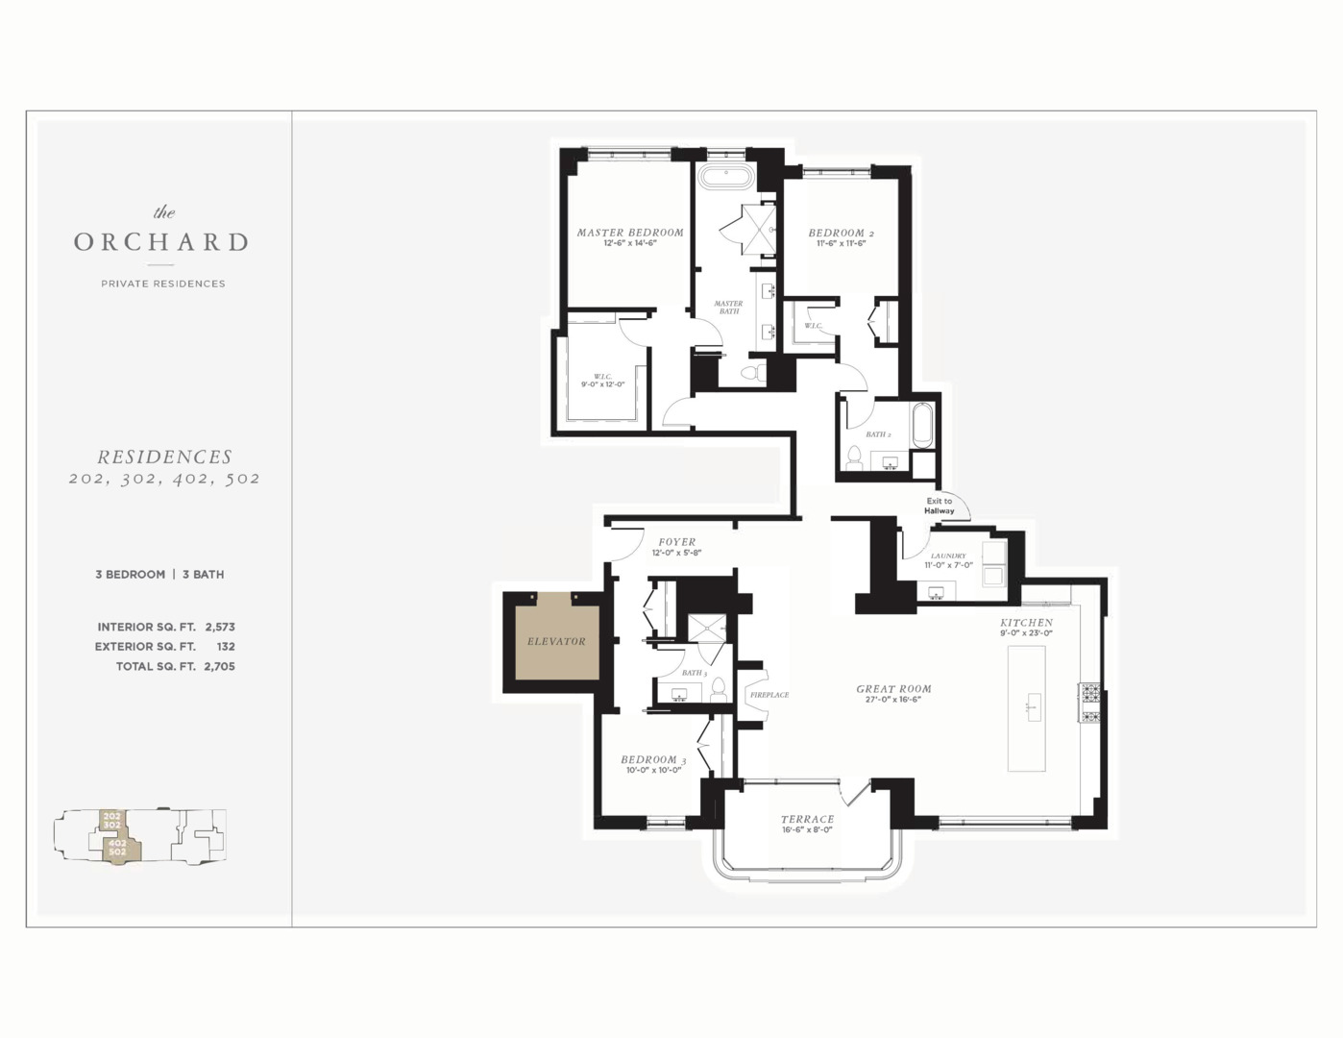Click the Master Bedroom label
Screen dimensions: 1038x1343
point(629,233)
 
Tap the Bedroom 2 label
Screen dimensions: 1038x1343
point(841,234)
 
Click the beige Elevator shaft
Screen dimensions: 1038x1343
point(555,641)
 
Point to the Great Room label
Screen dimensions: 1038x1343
point(893,689)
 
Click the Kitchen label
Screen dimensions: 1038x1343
point(1026,623)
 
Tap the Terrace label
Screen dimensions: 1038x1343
point(807,820)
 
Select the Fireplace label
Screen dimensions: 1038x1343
point(769,695)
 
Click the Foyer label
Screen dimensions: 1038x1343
point(677,542)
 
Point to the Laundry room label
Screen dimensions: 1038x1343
point(948,556)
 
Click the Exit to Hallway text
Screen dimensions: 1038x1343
point(940,506)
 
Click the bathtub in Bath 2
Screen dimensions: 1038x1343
point(922,425)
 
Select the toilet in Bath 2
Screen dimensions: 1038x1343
point(853,456)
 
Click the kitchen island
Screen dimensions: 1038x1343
point(1026,708)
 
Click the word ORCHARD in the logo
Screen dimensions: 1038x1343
point(161,242)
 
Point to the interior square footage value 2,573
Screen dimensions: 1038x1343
point(220,627)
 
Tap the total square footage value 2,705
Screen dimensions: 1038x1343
point(219,666)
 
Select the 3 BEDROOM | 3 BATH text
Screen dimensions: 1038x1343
point(159,575)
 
